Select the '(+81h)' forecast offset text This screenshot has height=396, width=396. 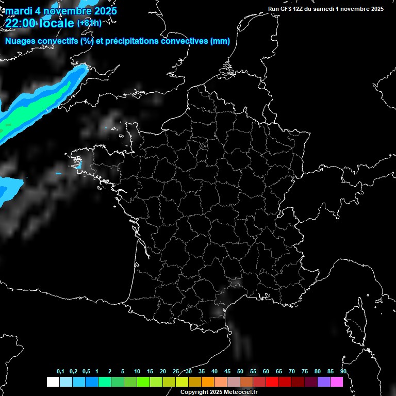point(89,23)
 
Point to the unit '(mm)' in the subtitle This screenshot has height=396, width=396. point(220,41)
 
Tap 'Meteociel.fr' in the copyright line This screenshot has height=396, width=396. point(241,392)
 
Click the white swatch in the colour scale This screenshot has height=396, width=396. point(53,382)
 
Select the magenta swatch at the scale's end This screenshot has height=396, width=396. point(336,382)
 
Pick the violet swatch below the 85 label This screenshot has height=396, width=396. point(323,382)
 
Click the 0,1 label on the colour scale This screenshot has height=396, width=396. point(60,372)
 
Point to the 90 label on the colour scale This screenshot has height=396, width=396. point(343,372)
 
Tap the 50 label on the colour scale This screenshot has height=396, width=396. point(240,372)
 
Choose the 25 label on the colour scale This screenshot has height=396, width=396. point(176,372)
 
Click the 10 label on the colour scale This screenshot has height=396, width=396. point(137,372)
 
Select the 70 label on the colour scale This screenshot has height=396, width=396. point(291,372)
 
